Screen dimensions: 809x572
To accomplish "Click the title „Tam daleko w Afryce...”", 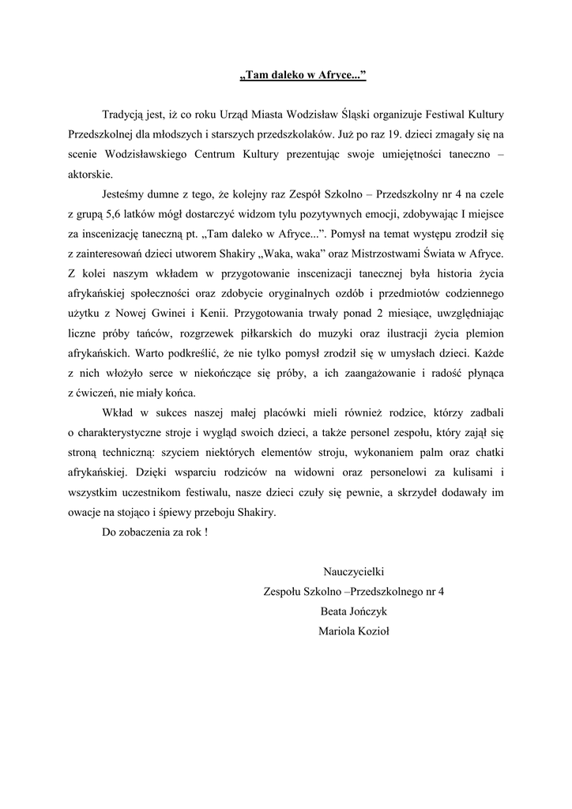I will point(303,76).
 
